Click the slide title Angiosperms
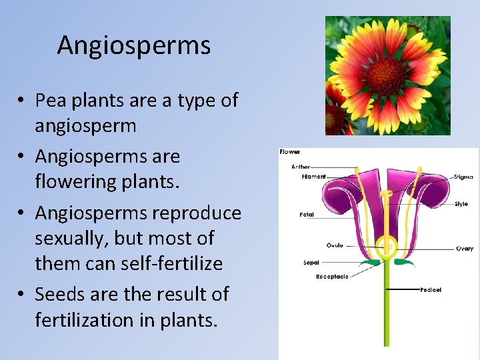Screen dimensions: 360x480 pos(133,45)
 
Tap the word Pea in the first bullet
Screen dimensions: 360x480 pos(49,101)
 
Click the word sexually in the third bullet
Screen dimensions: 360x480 pos(71,238)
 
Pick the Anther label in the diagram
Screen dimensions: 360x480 pos(301,167)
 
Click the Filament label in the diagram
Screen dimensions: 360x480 pos(313,177)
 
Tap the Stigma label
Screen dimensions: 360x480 pos(463,177)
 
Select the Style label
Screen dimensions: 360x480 pos(461,204)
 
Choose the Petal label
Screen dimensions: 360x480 pos(307,215)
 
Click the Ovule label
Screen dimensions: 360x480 pos(335,245)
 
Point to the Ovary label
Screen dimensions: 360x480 pos(465,249)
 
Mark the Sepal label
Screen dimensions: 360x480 pos(311,263)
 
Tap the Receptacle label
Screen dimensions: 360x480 pos(332,276)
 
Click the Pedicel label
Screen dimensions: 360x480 pos(431,290)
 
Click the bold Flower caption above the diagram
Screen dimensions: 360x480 pos(290,152)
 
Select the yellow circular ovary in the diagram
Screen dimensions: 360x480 pos(386,247)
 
